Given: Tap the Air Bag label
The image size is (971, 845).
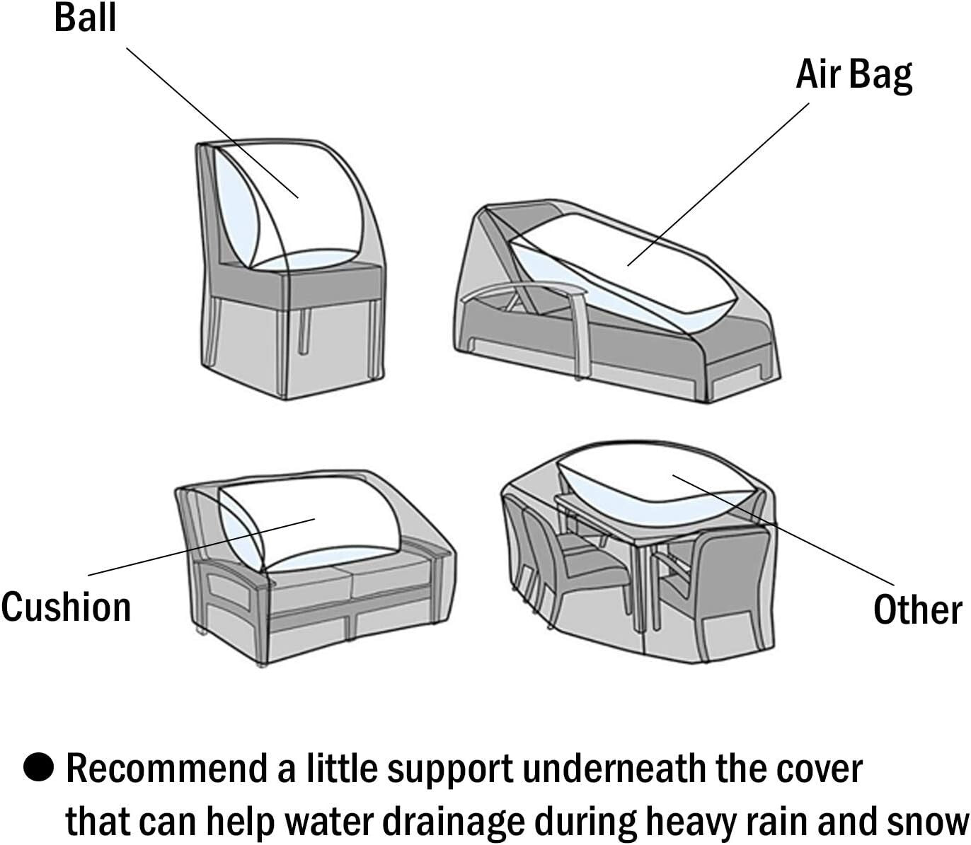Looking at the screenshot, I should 854,74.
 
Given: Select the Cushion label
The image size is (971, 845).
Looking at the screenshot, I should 66,607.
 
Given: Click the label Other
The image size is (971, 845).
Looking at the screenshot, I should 917,609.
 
